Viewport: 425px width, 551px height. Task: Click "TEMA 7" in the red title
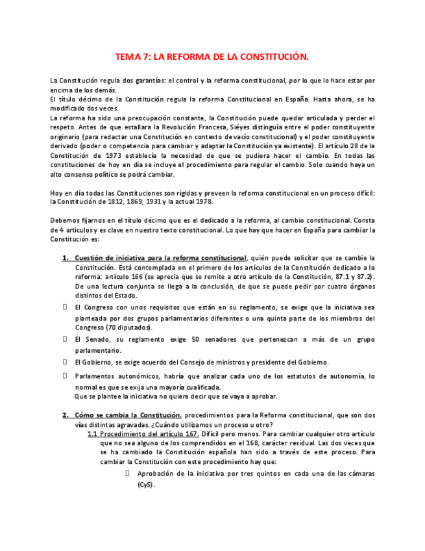coord(131,57)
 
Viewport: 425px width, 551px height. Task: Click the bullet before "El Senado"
coord(65,339)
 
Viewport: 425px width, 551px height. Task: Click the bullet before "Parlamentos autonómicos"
coord(65,376)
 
